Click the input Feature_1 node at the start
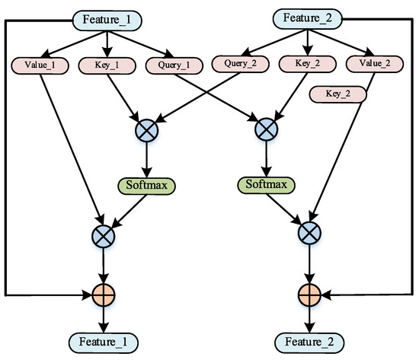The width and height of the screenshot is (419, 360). click(107, 17)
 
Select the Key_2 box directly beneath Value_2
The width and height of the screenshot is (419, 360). click(337, 94)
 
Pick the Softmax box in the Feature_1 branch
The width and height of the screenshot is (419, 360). click(146, 184)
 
